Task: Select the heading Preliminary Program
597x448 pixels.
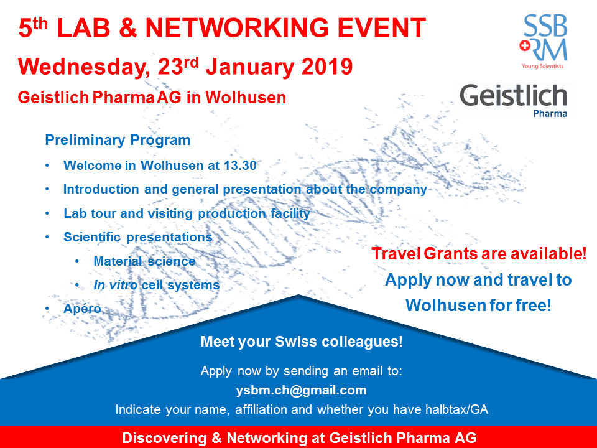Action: click(x=118, y=141)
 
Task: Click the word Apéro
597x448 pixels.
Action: click(x=82, y=309)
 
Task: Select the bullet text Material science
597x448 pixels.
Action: click(x=144, y=261)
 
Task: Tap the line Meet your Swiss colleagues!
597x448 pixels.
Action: click(x=302, y=342)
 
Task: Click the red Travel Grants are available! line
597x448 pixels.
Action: click(x=479, y=254)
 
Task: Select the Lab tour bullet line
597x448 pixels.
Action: click(x=187, y=213)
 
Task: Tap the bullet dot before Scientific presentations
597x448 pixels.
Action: click(x=49, y=237)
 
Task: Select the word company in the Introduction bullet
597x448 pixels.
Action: click(x=399, y=190)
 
